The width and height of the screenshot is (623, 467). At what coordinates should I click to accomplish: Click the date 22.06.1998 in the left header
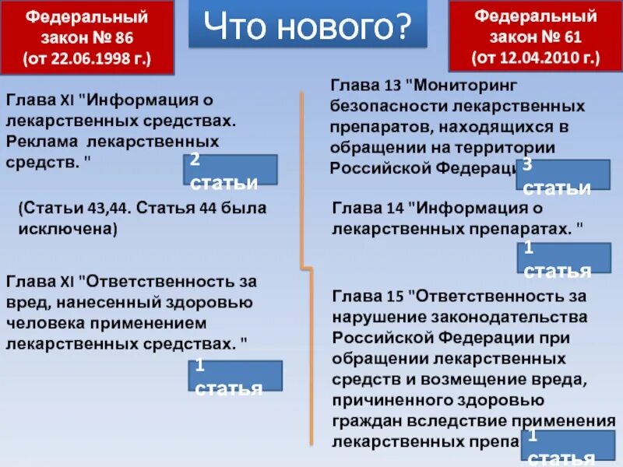coord(87,58)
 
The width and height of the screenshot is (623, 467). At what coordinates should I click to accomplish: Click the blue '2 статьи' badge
coord(230,170)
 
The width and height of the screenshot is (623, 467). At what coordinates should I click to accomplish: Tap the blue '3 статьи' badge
coord(562,174)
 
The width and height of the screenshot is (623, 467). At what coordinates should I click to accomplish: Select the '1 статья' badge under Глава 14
coord(563,258)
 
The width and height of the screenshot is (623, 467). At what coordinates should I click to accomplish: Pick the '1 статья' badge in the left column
coord(234,375)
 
